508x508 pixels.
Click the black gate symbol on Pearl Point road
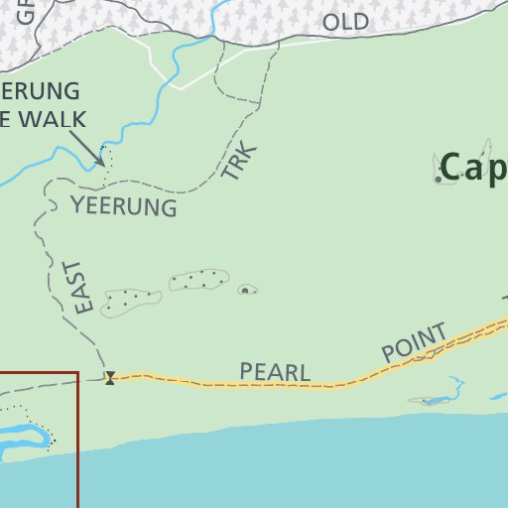click(109, 377)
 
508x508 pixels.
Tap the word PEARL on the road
click(275, 373)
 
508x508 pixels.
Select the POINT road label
click(415, 341)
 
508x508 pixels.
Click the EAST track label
click(83, 288)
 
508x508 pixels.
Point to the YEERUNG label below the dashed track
click(124, 206)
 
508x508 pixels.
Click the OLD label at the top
click(345, 22)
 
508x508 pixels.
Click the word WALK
click(56, 120)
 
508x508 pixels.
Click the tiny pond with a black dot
click(246, 290)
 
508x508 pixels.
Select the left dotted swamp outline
click(130, 301)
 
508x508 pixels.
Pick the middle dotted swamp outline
click(199, 280)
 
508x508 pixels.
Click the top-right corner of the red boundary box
click(77, 373)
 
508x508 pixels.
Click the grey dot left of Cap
click(438, 180)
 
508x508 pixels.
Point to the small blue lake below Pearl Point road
click(435, 400)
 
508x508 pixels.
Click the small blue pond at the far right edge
click(498, 397)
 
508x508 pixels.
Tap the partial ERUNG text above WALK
click(40, 91)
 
